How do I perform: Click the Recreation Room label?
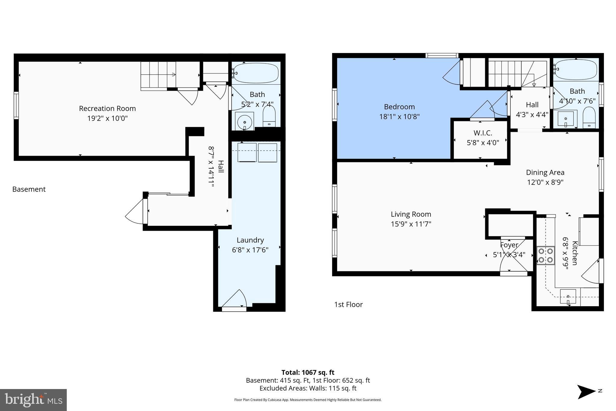pos(107,108)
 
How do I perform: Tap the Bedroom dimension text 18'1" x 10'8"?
pos(399,117)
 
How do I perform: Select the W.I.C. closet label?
pos(483,133)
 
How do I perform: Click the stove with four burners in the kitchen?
pos(546,255)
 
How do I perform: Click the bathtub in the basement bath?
pos(256,73)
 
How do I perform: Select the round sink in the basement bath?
pos(244,122)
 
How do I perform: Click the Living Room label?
pos(411,214)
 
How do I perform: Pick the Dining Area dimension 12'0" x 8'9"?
pos(545,182)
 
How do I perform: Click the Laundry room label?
pos(250,240)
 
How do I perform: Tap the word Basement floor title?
pos(29,189)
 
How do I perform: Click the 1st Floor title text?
pos(348,304)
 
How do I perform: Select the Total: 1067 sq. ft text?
pos(308,372)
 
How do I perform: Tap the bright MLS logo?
pos(33,400)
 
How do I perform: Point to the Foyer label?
pos(509,245)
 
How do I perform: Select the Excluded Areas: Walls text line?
pos(308,388)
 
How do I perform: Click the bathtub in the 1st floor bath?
pos(576,70)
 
